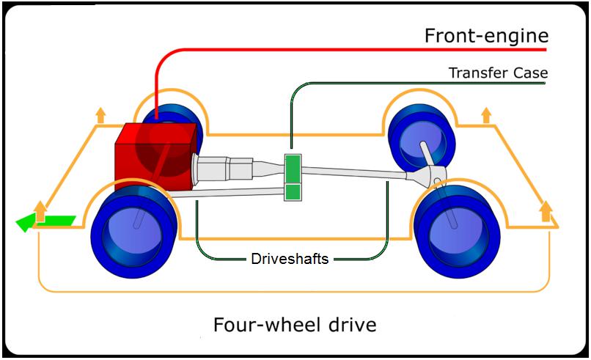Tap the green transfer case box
pos(293,177)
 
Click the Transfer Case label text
pos(498,73)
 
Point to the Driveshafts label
pos(289,258)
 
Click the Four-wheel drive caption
pos(295,323)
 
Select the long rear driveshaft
pos(352,172)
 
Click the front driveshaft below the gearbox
pos(227,193)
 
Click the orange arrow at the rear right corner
pos(545,212)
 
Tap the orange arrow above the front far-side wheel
pos(100,115)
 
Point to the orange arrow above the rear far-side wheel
pos(485,115)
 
